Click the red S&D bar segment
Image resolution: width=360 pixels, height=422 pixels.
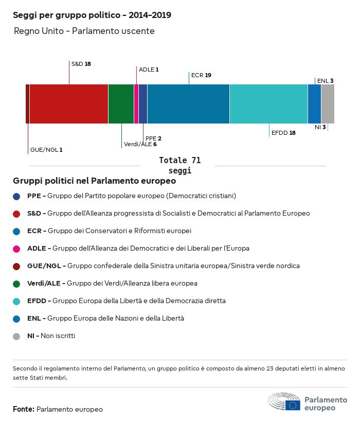69,104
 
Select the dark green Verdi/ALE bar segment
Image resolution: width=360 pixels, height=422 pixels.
121,104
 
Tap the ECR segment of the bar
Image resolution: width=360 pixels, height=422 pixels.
188,104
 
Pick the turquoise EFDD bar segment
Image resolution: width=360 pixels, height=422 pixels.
268,104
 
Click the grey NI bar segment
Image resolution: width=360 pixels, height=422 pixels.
328,104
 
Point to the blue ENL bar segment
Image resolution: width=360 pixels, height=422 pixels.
314,104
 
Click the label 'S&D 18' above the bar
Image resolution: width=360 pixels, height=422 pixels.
81,64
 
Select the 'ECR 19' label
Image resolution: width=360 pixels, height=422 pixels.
201,75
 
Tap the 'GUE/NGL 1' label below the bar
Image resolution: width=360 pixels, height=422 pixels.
46,150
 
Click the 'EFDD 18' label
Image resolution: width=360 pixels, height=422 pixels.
283,133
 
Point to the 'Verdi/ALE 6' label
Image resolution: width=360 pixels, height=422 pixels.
140,144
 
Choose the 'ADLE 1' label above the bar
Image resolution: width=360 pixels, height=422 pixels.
149,69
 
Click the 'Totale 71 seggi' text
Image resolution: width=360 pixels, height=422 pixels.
179,165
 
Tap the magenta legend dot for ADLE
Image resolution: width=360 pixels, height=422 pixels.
16,249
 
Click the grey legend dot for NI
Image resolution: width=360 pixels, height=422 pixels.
16,336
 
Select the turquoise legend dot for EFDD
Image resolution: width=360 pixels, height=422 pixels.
16,301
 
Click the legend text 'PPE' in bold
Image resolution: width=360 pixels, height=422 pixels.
34,196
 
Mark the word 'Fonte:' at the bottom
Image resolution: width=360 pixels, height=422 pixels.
24,409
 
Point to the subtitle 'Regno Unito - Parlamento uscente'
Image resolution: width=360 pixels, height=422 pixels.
84,31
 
